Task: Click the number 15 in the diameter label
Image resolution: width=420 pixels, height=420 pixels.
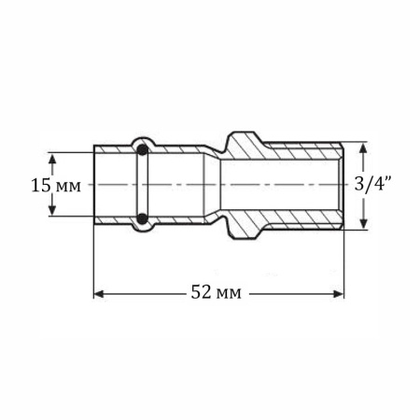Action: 40,184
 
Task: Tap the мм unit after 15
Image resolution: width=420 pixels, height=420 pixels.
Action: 69,185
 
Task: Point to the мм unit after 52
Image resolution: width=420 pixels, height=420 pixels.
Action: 229,293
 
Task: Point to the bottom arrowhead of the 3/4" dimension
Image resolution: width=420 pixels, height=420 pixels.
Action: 364,224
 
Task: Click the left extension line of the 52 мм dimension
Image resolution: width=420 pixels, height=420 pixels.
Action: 93,261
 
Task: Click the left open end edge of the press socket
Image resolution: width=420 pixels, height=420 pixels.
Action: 94,184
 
